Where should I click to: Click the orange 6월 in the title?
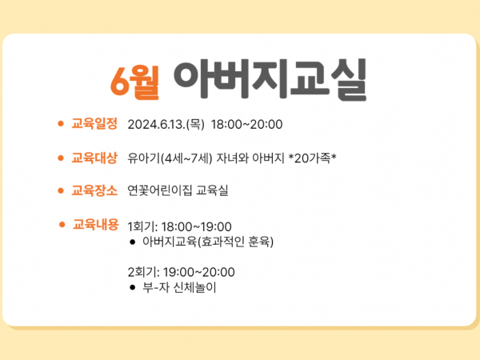point(134,82)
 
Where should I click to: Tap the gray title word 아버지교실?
point(270,79)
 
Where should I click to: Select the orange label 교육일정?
point(94,124)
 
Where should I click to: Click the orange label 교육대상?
point(94,158)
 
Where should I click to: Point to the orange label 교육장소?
point(94,190)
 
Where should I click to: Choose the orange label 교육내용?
point(95,224)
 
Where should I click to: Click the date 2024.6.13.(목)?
point(166,125)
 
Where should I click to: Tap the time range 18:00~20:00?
point(246,125)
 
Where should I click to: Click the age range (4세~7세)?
point(186,158)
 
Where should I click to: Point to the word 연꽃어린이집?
point(160,190)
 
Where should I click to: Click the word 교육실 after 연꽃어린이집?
point(212,190)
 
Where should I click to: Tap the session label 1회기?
point(142,227)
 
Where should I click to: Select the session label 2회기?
point(143,272)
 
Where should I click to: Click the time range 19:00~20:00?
point(199,272)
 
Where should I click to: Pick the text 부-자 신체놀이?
point(179,287)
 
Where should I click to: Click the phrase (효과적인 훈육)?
point(236,242)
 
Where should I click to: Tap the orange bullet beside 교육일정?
point(61,124)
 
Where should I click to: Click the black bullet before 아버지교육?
point(132,242)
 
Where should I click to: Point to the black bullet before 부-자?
point(132,287)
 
